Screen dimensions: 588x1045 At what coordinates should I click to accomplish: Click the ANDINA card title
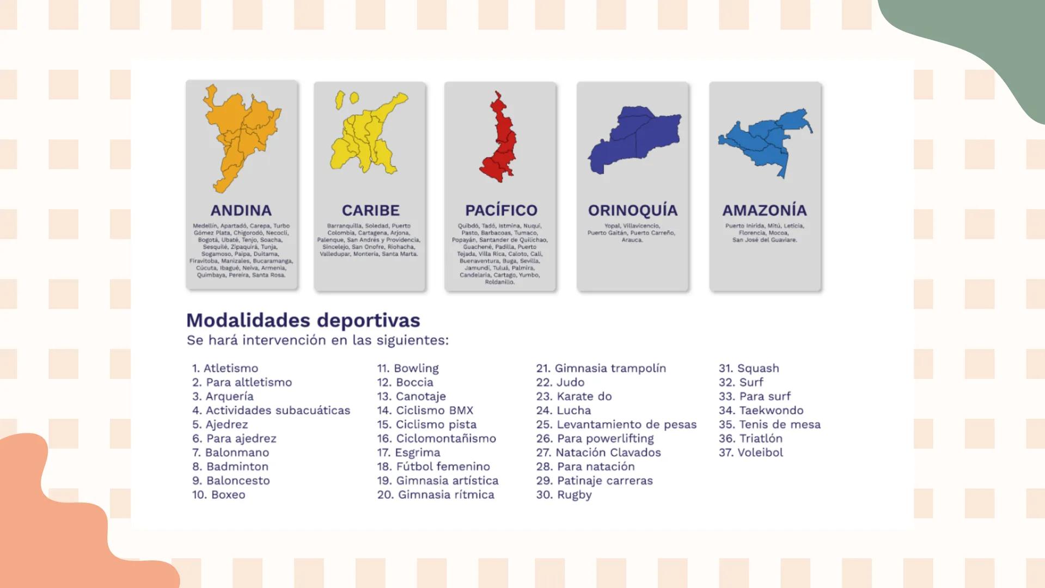241,210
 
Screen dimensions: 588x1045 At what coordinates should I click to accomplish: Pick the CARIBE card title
370,210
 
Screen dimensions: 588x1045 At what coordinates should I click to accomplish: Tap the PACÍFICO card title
500,210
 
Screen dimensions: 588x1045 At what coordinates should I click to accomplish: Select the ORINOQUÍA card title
632,210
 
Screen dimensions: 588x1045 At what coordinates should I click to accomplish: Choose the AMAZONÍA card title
765,210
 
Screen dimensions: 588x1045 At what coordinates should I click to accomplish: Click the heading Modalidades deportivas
303,320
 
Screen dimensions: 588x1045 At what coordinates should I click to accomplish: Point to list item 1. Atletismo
225,369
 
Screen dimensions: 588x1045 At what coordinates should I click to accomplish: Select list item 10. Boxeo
218,495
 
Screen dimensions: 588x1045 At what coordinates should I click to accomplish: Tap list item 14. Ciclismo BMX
425,411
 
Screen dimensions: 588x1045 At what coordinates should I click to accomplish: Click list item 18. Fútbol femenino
433,467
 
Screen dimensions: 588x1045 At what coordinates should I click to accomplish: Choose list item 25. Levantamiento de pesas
616,425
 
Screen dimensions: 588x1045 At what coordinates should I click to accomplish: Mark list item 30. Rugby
564,495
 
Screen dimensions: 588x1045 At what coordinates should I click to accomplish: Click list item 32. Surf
741,383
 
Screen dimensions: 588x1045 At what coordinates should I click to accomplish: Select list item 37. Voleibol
750,452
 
